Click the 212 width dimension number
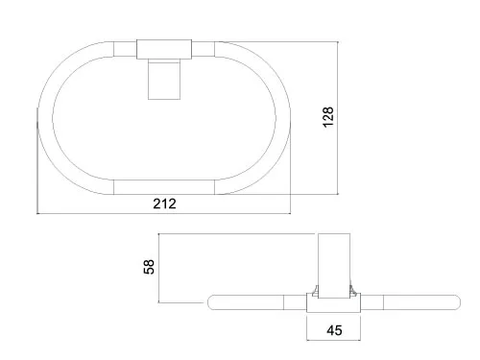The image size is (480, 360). coord(164,204)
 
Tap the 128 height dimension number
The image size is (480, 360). coord(328,117)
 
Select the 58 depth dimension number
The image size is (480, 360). coord(149,267)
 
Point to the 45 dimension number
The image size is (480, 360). coord(334,330)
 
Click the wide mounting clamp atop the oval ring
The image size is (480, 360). coord(164,49)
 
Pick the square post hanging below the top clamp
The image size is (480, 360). coord(164,80)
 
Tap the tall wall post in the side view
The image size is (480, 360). coord(334,266)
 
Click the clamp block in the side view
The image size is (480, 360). coord(333,302)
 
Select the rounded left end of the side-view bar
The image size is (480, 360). coord(212,302)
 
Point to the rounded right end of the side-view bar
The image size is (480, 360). coord(457,302)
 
